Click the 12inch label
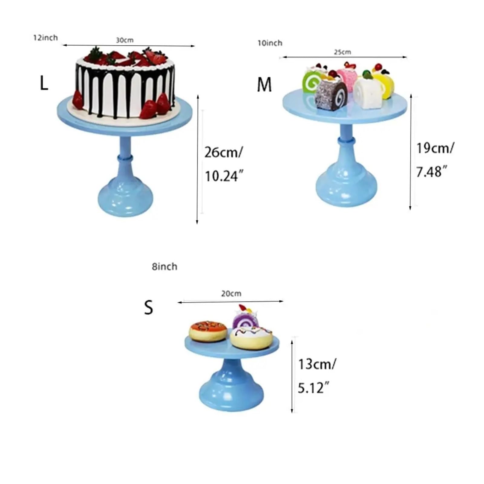click(45, 38)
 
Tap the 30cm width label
click(125, 40)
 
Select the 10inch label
click(270, 43)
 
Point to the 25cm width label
click(342, 52)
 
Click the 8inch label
click(165, 267)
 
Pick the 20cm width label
click(231, 293)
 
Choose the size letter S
click(149, 307)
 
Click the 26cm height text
click(223, 152)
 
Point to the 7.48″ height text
click(432, 172)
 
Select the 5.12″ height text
click(313, 388)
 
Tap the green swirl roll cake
click(313, 80)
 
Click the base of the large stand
click(125, 197)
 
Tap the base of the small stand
click(231, 393)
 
